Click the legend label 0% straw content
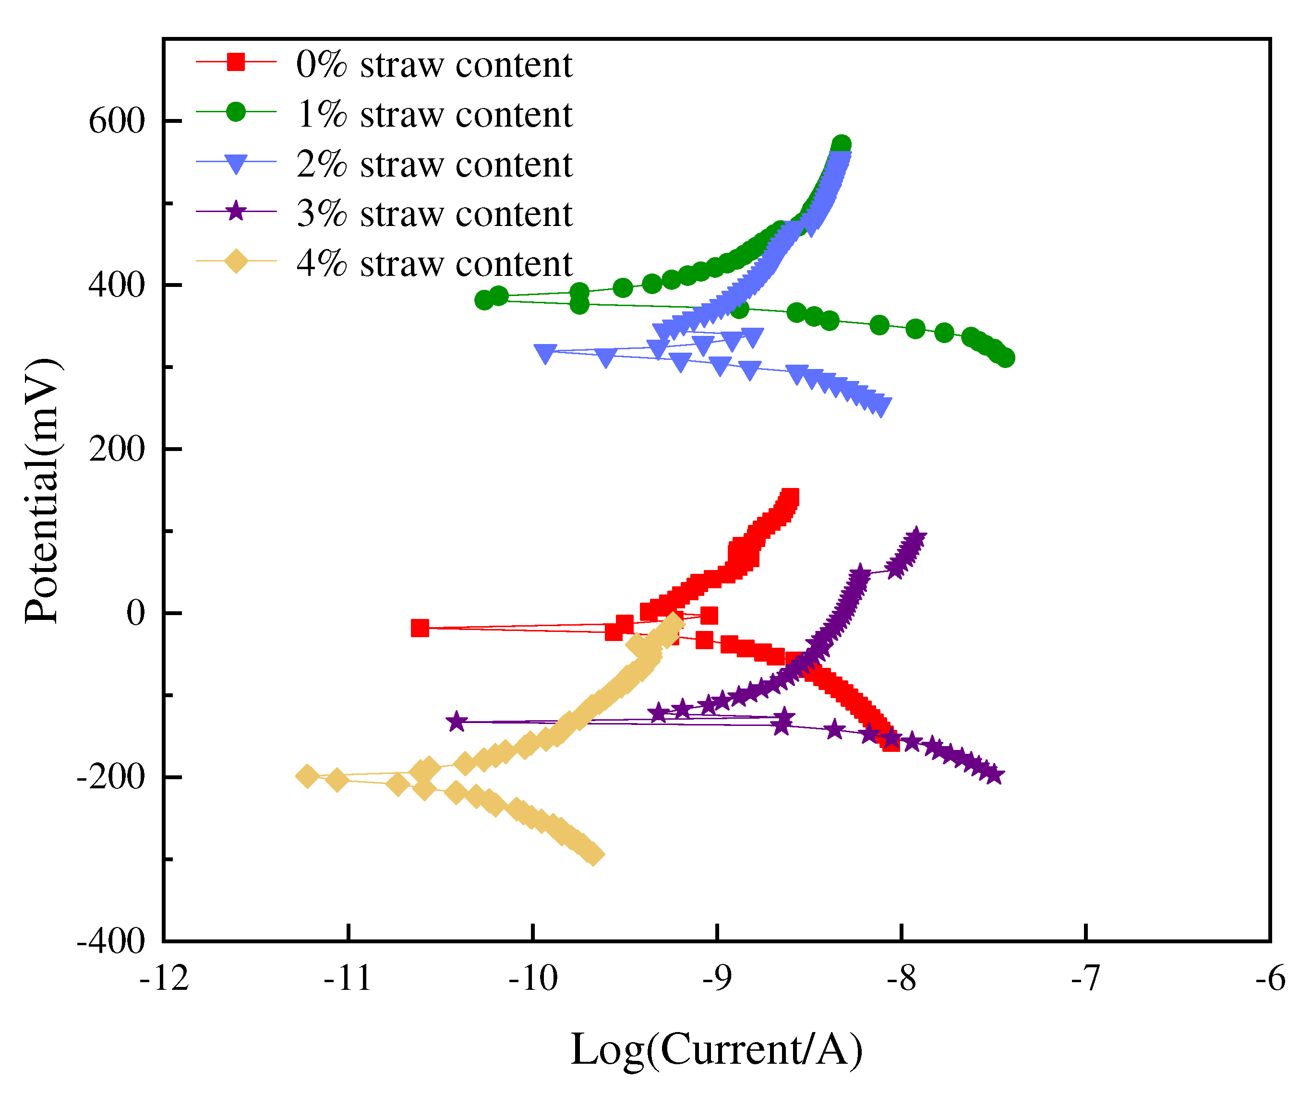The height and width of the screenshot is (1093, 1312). pos(433,64)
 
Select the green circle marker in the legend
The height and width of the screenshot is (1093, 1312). pos(236,112)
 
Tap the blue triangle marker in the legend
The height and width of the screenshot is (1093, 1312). pos(236,163)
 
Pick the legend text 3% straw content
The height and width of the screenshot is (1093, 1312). pos(433,214)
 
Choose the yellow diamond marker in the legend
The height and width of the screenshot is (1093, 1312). pos(236,261)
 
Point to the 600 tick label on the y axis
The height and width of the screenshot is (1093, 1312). pos(116,120)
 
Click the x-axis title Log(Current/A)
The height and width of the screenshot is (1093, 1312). pos(717,1050)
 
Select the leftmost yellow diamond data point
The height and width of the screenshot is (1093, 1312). pos(307,776)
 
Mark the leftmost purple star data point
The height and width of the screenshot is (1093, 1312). pos(457,721)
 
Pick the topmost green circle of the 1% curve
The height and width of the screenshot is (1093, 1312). pos(842,144)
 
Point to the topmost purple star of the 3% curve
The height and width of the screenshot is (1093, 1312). pos(916,536)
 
